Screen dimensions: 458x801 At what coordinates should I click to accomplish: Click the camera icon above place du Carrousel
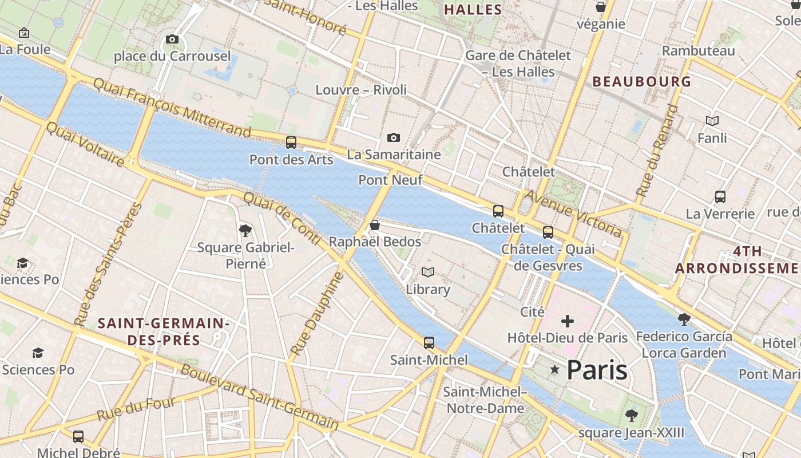172,39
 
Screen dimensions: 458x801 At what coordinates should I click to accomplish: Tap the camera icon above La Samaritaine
394,137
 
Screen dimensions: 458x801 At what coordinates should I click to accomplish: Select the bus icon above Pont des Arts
291,143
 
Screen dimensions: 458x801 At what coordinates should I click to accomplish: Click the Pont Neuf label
390,180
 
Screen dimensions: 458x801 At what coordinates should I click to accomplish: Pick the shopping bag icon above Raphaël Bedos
375,225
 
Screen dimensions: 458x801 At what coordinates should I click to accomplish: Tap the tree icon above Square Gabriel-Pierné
245,231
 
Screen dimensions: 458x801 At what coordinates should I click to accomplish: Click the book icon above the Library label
428,272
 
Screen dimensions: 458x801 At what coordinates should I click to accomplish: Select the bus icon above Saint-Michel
429,343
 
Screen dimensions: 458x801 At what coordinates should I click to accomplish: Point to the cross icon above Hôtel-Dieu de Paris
568,321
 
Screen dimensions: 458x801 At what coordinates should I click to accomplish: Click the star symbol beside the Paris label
554,370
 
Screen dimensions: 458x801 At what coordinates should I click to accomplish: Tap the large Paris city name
597,370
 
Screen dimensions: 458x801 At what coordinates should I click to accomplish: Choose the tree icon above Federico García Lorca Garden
684,319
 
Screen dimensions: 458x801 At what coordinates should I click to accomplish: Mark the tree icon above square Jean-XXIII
631,415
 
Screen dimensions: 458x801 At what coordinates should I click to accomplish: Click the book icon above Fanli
712,121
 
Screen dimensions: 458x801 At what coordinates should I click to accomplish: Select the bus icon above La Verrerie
720,197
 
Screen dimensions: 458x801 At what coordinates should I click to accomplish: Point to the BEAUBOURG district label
642,81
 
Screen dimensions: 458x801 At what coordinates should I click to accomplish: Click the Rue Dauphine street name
316,314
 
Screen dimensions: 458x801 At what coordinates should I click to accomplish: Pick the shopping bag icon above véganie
601,7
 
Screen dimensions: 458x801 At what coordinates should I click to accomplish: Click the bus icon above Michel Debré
78,437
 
